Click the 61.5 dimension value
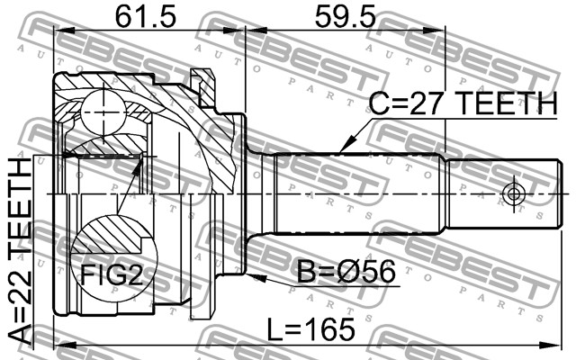point(146,16)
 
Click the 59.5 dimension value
point(346,16)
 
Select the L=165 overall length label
point(310,329)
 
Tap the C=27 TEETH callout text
point(463,103)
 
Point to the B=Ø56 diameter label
point(346,272)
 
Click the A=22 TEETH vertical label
point(20,252)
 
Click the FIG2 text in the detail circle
point(112,274)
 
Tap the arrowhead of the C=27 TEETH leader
point(346,144)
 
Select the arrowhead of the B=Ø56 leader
point(256,276)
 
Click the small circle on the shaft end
point(513,193)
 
